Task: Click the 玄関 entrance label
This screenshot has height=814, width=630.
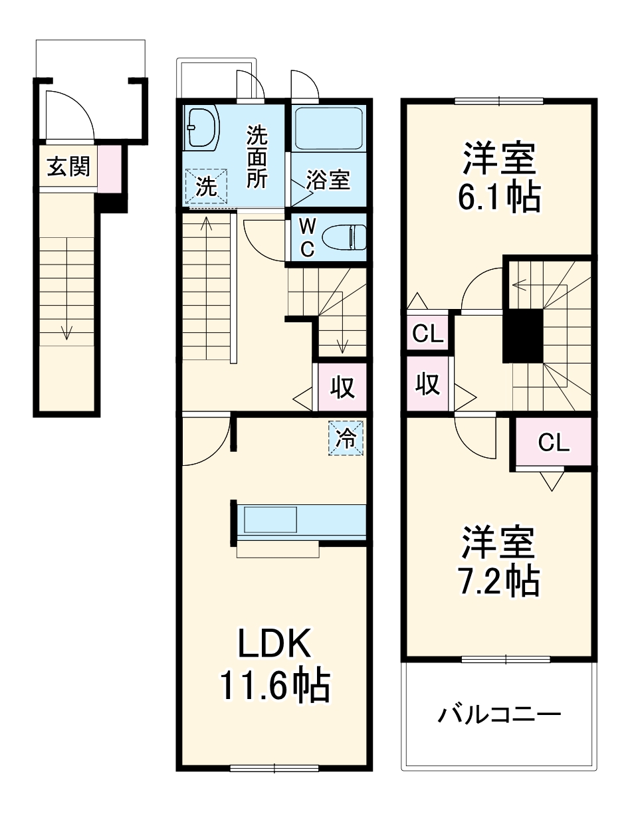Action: (x=68, y=167)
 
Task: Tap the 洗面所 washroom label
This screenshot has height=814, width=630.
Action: (x=257, y=157)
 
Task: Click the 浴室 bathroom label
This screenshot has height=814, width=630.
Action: (x=328, y=180)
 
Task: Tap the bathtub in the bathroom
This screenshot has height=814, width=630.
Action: (x=328, y=128)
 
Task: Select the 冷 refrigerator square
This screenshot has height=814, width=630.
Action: (x=346, y=439)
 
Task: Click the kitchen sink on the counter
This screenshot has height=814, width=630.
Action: (x=270, y=519)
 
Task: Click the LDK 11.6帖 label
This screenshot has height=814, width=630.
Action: (x=274, y=665)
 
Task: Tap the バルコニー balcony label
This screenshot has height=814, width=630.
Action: (x=500, y=716)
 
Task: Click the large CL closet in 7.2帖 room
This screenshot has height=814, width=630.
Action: (x=554, y=443)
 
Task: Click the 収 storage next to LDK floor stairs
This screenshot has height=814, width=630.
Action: (x=343, y=387)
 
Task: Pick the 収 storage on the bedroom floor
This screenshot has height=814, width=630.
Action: (x=428, y=384)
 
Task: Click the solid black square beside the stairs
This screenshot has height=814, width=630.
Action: (x=523, y=336)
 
